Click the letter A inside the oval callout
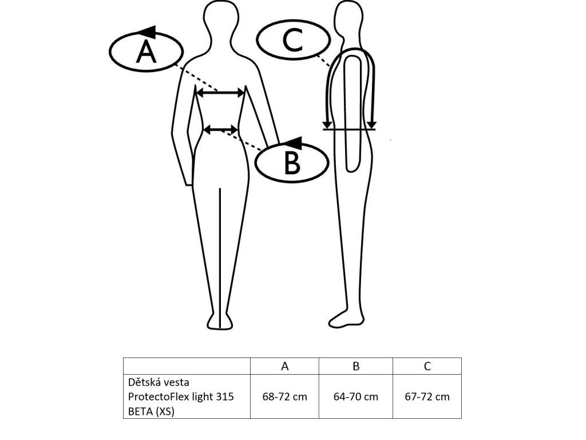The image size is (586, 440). click(x=146, y=52)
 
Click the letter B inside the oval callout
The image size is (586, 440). click(x=292, y=163)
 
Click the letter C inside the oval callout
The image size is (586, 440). click(x=293, y=40)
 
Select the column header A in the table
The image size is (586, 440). click(x=284, y=367)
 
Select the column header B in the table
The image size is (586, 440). click(x=356, y=367)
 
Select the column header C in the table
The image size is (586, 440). click(x=427, y=367)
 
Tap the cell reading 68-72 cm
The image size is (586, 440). click(x=284, y=396)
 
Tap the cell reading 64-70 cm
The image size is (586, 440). click(x=356, y=396)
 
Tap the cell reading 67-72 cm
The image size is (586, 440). click(x=427, y=396)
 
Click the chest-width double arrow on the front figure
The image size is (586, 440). click(x=220, y=92)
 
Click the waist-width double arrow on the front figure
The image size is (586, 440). click(x=221, y=130)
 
